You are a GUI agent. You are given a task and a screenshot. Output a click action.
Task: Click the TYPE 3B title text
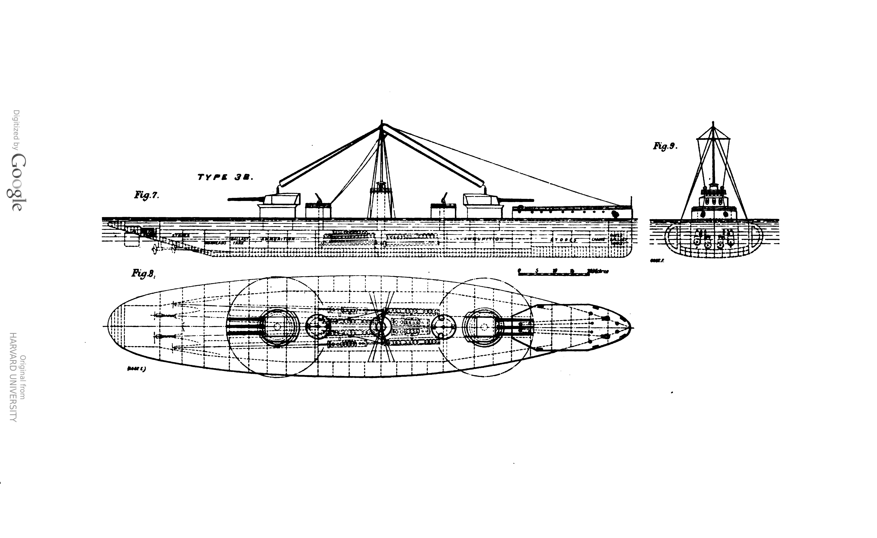[225, 177]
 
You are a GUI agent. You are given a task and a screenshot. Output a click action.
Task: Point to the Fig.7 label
[146, 195]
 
